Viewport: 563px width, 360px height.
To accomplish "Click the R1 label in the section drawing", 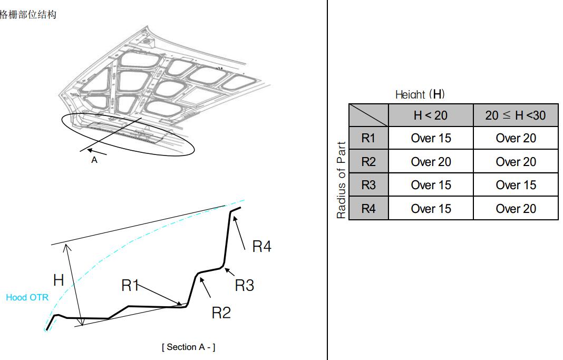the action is (x=130, y=285).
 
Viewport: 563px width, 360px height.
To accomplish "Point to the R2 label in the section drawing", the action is (x=221, y=313).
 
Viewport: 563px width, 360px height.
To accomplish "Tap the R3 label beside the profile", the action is (x=245, y=285).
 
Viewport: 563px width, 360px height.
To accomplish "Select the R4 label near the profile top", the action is (x=262, y=246).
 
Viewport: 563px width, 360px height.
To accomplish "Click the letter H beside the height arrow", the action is (x=59, y=280).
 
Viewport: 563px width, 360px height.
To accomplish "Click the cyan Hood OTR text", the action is (x=27, y=297).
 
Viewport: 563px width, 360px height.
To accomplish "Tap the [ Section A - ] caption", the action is (x=189, y=347).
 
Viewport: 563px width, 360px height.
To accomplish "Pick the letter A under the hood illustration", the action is (x=94, y=160).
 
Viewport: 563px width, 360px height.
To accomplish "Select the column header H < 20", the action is (x=431, y=115).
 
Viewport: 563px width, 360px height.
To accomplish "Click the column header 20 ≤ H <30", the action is (x=516, y=115).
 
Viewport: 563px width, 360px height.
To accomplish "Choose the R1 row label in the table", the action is (x=368, y=138).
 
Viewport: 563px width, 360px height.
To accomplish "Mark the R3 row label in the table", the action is (x=368, y=185).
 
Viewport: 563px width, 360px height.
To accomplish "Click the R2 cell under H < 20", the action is (x=431, y=161).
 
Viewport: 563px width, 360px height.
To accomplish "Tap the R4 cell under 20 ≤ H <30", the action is (x=516, y=208).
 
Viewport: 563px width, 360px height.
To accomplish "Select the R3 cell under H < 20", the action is (x=431, y=185).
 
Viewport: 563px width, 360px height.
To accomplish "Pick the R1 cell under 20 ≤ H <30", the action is (x=516, y=138).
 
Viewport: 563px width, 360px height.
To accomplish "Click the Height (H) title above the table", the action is (x=420, y=94).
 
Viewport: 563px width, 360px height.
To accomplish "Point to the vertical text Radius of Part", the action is (x=341, y=180).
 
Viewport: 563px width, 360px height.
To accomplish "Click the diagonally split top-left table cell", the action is (x=368, y=115).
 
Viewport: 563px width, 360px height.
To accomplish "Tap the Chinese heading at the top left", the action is (x=28, y=14).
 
